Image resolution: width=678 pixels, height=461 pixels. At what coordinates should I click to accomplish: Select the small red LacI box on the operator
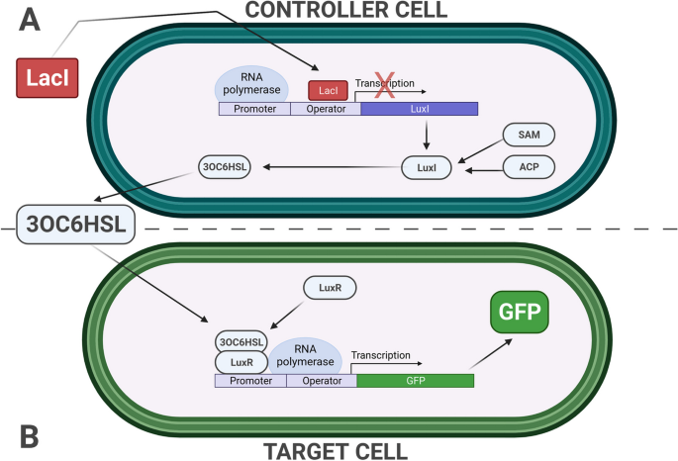[328, 91]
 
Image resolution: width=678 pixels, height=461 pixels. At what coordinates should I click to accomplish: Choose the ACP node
[527, 168]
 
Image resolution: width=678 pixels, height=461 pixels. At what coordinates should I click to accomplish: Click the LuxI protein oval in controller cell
[426, 169]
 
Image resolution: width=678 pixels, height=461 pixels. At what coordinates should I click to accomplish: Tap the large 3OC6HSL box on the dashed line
[75, 225]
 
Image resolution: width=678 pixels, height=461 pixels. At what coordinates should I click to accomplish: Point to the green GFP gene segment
[415, 380]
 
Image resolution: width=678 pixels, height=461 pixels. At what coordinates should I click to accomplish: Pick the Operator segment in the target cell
[322, 380]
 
